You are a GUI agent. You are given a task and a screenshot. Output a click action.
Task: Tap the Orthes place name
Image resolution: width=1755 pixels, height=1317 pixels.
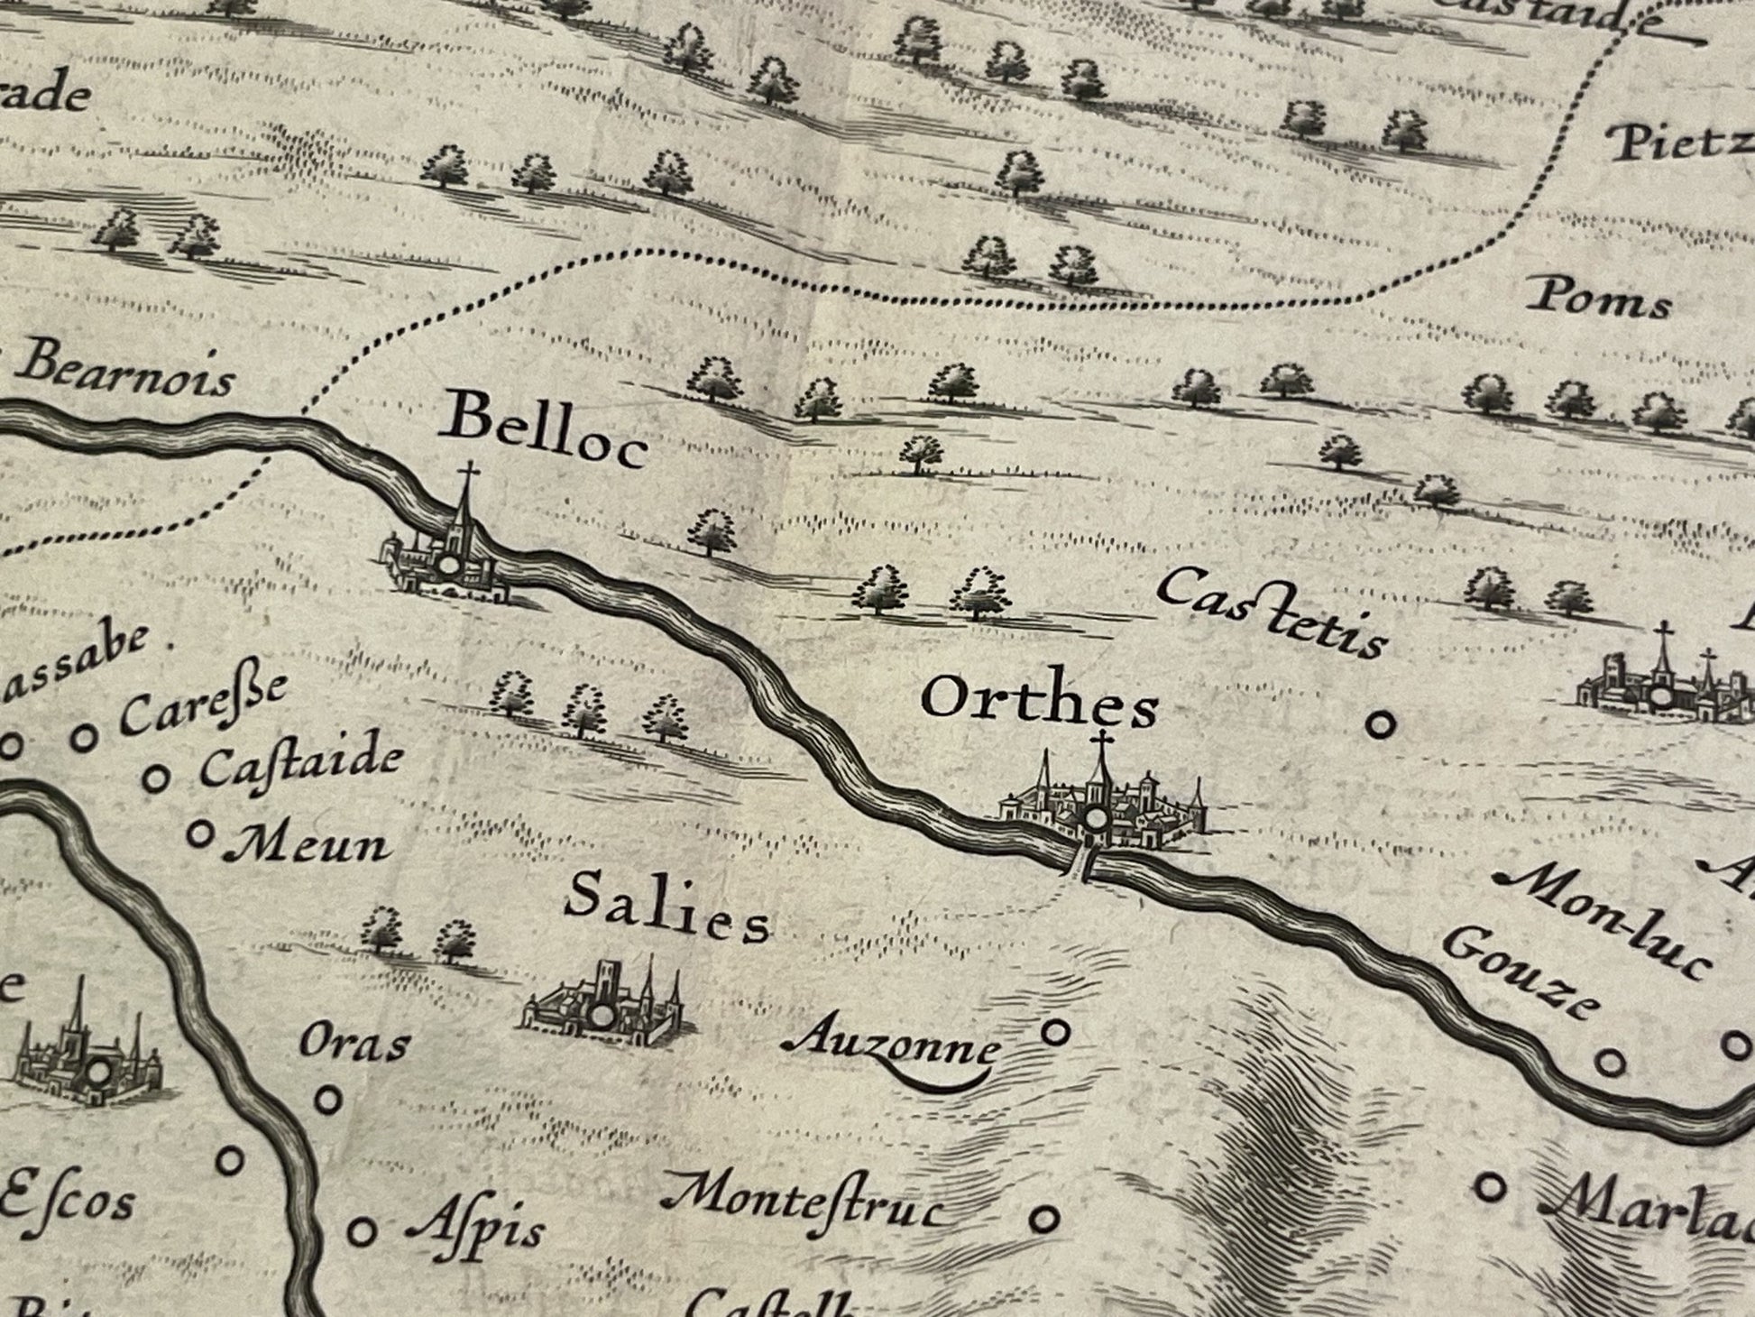pyautogui.click(x=1040, y=703)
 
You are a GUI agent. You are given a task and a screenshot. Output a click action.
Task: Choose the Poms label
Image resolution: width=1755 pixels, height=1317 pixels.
pyautogui.click(x=1602, y=299)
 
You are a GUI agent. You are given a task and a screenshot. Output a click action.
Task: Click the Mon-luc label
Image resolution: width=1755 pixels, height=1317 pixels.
pyautogui.click(x=1602, y=921)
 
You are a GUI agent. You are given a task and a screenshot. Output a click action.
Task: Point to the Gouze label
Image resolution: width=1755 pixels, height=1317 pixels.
pyautogui.click(x=1514, y=972)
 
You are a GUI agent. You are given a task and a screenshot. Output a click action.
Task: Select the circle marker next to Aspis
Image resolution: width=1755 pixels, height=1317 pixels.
pyautogui.click(x=362, y=1230)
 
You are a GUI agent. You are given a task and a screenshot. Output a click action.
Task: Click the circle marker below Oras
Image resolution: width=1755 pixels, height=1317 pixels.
pyautogui.click(x=330, y=1100)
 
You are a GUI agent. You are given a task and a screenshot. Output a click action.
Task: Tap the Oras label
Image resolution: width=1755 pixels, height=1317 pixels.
pyautogui.click(x=354, y=1044)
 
